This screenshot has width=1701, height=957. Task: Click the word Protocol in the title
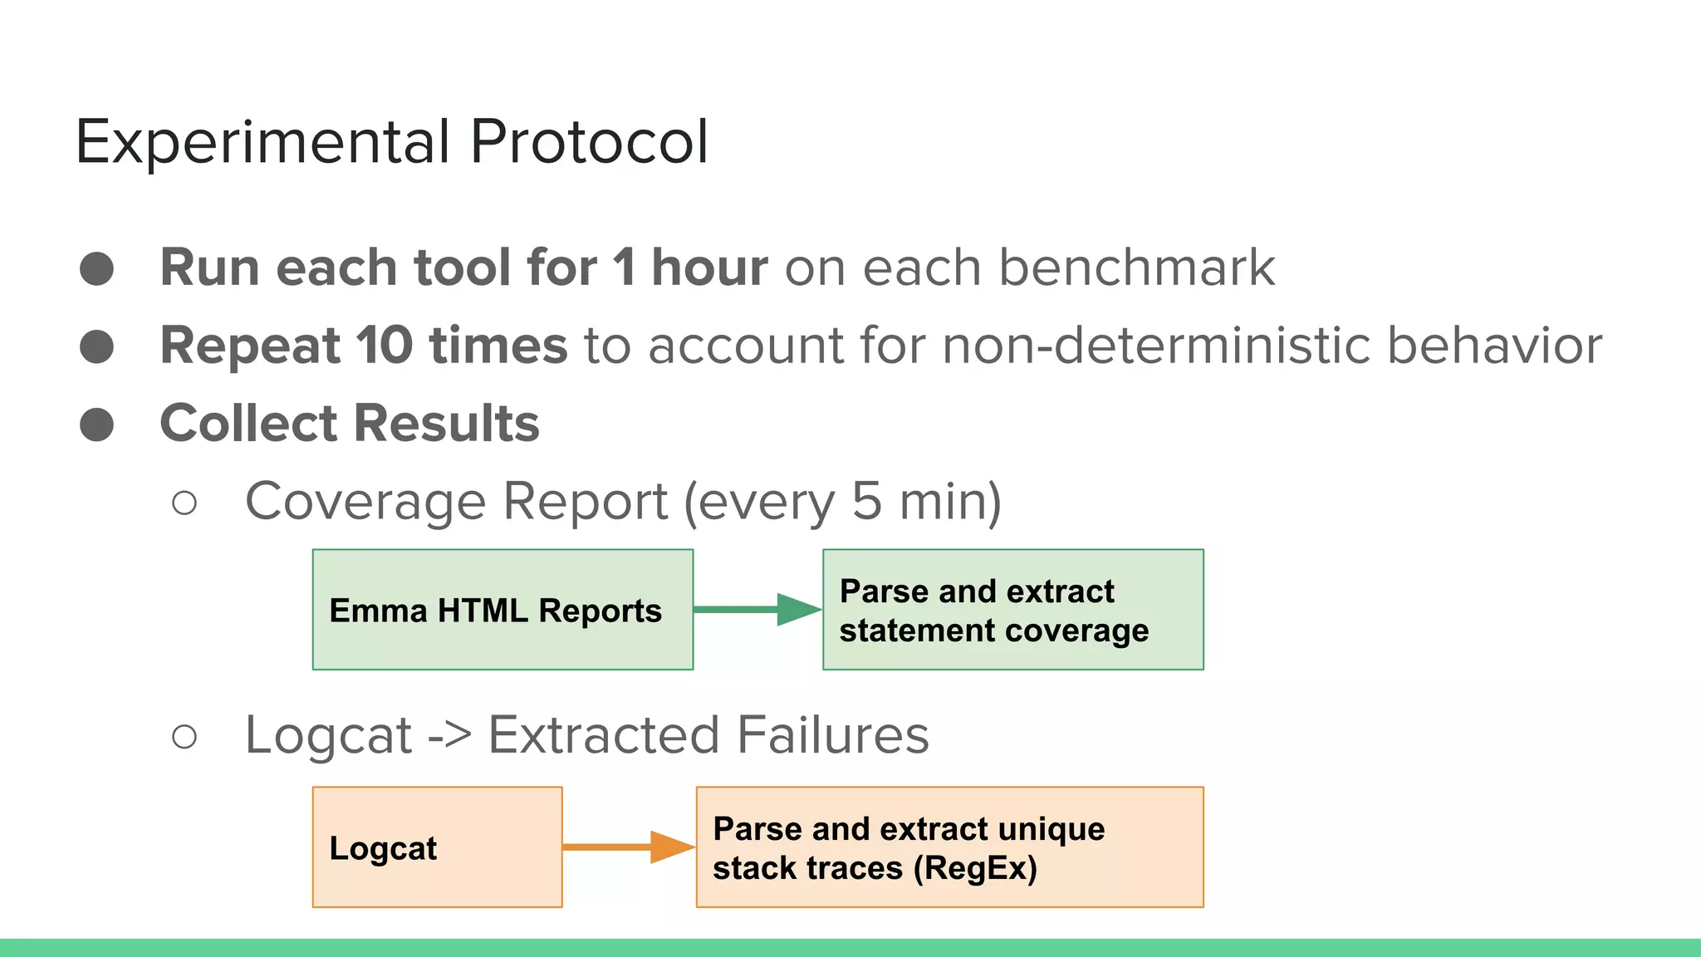tap(589, 142)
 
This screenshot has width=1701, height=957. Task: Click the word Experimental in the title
tap(262, 142)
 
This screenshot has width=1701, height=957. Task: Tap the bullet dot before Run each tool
tap(97, 269)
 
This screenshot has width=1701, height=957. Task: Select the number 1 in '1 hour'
tap(624, 267)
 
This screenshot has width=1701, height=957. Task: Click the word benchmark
tap(1136, 267)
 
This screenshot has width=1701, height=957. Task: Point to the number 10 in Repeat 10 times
tap(385, 345)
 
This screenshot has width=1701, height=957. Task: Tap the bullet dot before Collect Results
tap(97, 425)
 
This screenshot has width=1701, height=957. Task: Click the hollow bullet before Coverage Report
tap(184, 503)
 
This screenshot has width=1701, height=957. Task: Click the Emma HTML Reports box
tap(502, 610)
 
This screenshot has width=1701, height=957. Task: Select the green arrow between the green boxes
tap(757, 610)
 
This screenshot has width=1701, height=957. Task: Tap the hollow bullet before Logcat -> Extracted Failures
tap(184, 737)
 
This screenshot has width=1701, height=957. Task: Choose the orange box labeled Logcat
tap(437, 847)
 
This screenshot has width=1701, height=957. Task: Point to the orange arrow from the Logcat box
tap(628, 847)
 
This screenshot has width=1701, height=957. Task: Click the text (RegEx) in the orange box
tap(975, 868)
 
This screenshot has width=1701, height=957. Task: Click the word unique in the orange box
tap(1051, 829)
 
